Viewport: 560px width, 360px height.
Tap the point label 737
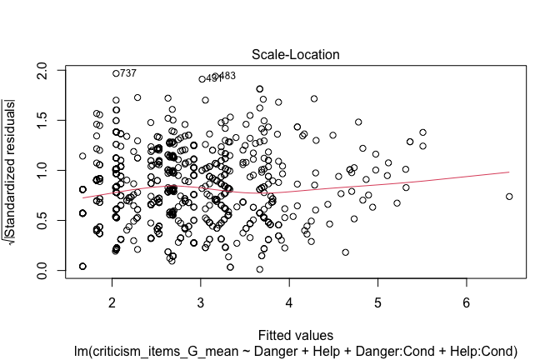[x=128, y=73]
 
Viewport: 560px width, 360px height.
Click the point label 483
[x=227, y=76]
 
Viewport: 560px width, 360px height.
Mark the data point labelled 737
[x=117, y=73]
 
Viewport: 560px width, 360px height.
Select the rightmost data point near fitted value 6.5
[x=509, y=197]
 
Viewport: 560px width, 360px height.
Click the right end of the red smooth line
[x=509, y=172]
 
